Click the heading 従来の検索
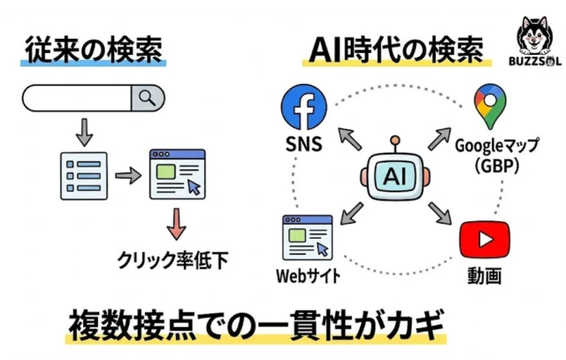(91, 49)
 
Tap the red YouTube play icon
(483, 241)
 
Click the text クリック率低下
(175, 260)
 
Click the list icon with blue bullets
(82, 172)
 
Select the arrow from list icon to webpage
(127, 175)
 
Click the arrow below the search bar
(83, 132)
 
